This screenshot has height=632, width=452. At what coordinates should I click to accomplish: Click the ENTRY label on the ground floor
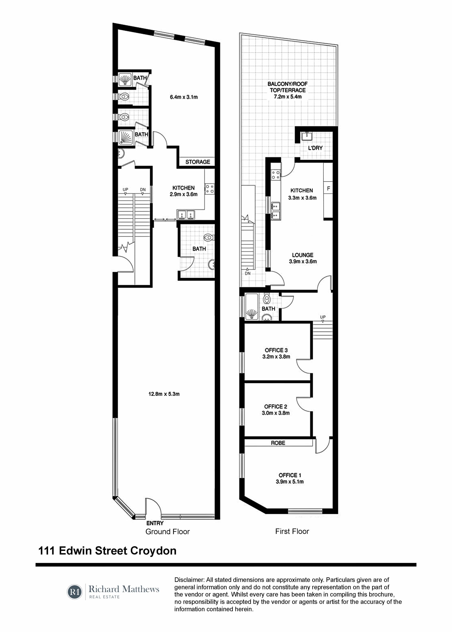coord(155,523)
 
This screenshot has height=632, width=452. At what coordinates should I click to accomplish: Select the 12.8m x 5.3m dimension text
coord(164,394)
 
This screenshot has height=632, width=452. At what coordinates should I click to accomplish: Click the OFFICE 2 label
coord(275,407)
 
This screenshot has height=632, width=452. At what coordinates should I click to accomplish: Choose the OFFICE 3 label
coord(276,350)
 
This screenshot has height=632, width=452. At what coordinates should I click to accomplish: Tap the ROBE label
coord(278,443)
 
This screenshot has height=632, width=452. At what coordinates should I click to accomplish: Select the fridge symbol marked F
coord(328,188)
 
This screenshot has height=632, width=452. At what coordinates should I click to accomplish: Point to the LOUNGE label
coord(303,255)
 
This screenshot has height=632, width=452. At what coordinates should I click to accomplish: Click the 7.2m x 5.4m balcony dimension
coord(288,97)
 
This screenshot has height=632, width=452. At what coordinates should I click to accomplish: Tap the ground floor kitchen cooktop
coord(210,189)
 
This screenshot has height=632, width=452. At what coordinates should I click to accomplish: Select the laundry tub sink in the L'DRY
coord(307,136)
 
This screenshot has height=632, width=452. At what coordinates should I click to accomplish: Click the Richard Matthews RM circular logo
coord(75,592)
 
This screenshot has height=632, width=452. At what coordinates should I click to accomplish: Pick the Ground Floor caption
coord(168,532)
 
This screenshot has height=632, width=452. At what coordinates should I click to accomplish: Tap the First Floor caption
coord(292,531)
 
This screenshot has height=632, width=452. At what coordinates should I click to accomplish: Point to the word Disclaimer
coord(189,580)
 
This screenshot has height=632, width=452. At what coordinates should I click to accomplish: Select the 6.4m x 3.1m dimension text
coord(184,97)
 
